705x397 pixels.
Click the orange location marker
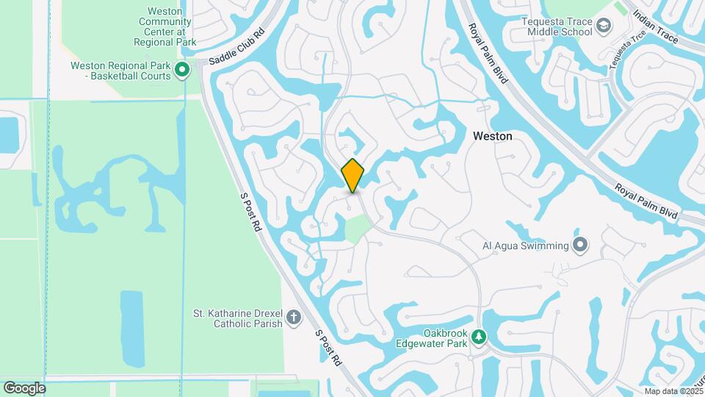[x=353, y=175]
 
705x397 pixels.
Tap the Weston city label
[x=492, y=136]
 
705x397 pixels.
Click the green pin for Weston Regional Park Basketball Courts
[x=183, y=70]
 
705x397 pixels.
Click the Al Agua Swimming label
[x=525, y=246]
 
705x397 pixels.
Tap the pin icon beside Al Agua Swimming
[x=581, y=245]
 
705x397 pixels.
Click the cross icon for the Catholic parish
[x=293, y=318]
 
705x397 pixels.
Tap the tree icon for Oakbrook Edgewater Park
[x=479, y=337]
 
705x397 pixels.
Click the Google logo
[x=24, y=387]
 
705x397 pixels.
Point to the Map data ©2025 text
[x=673, y=390]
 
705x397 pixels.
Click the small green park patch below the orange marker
[x=356, y=230]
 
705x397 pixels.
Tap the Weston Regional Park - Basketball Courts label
[x=120, y=70]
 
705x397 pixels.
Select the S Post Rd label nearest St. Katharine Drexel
[x=329, y=347]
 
